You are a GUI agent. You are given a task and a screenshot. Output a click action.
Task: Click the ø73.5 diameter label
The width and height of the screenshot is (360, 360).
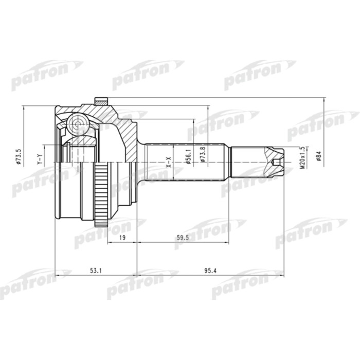pyautogui.click(x=19, y=157)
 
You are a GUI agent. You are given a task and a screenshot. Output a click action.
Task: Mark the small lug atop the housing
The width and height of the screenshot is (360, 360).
pyautogui.click(x=101, y=100)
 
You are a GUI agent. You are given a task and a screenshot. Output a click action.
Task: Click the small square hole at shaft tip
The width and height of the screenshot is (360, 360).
pyautogui.click(x=277, y=162)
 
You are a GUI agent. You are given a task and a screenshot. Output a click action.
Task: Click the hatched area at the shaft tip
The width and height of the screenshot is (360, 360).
pyautogui.click(x=273, y=153)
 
